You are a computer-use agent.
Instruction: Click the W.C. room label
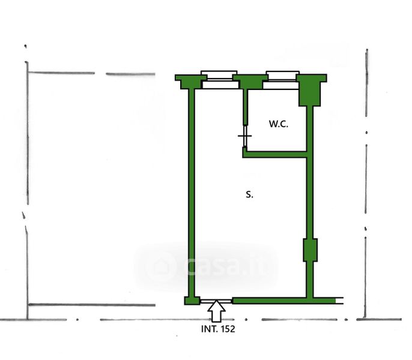278,124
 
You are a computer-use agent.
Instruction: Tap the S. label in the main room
249,194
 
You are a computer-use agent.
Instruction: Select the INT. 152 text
218,329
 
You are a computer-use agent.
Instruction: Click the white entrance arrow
216,311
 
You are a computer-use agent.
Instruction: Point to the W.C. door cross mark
244,136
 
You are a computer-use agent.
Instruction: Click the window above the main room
219,80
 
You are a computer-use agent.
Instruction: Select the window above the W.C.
282,80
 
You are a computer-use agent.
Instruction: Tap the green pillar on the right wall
310,250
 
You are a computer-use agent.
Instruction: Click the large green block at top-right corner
311,90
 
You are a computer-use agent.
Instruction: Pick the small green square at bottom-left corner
192,301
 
